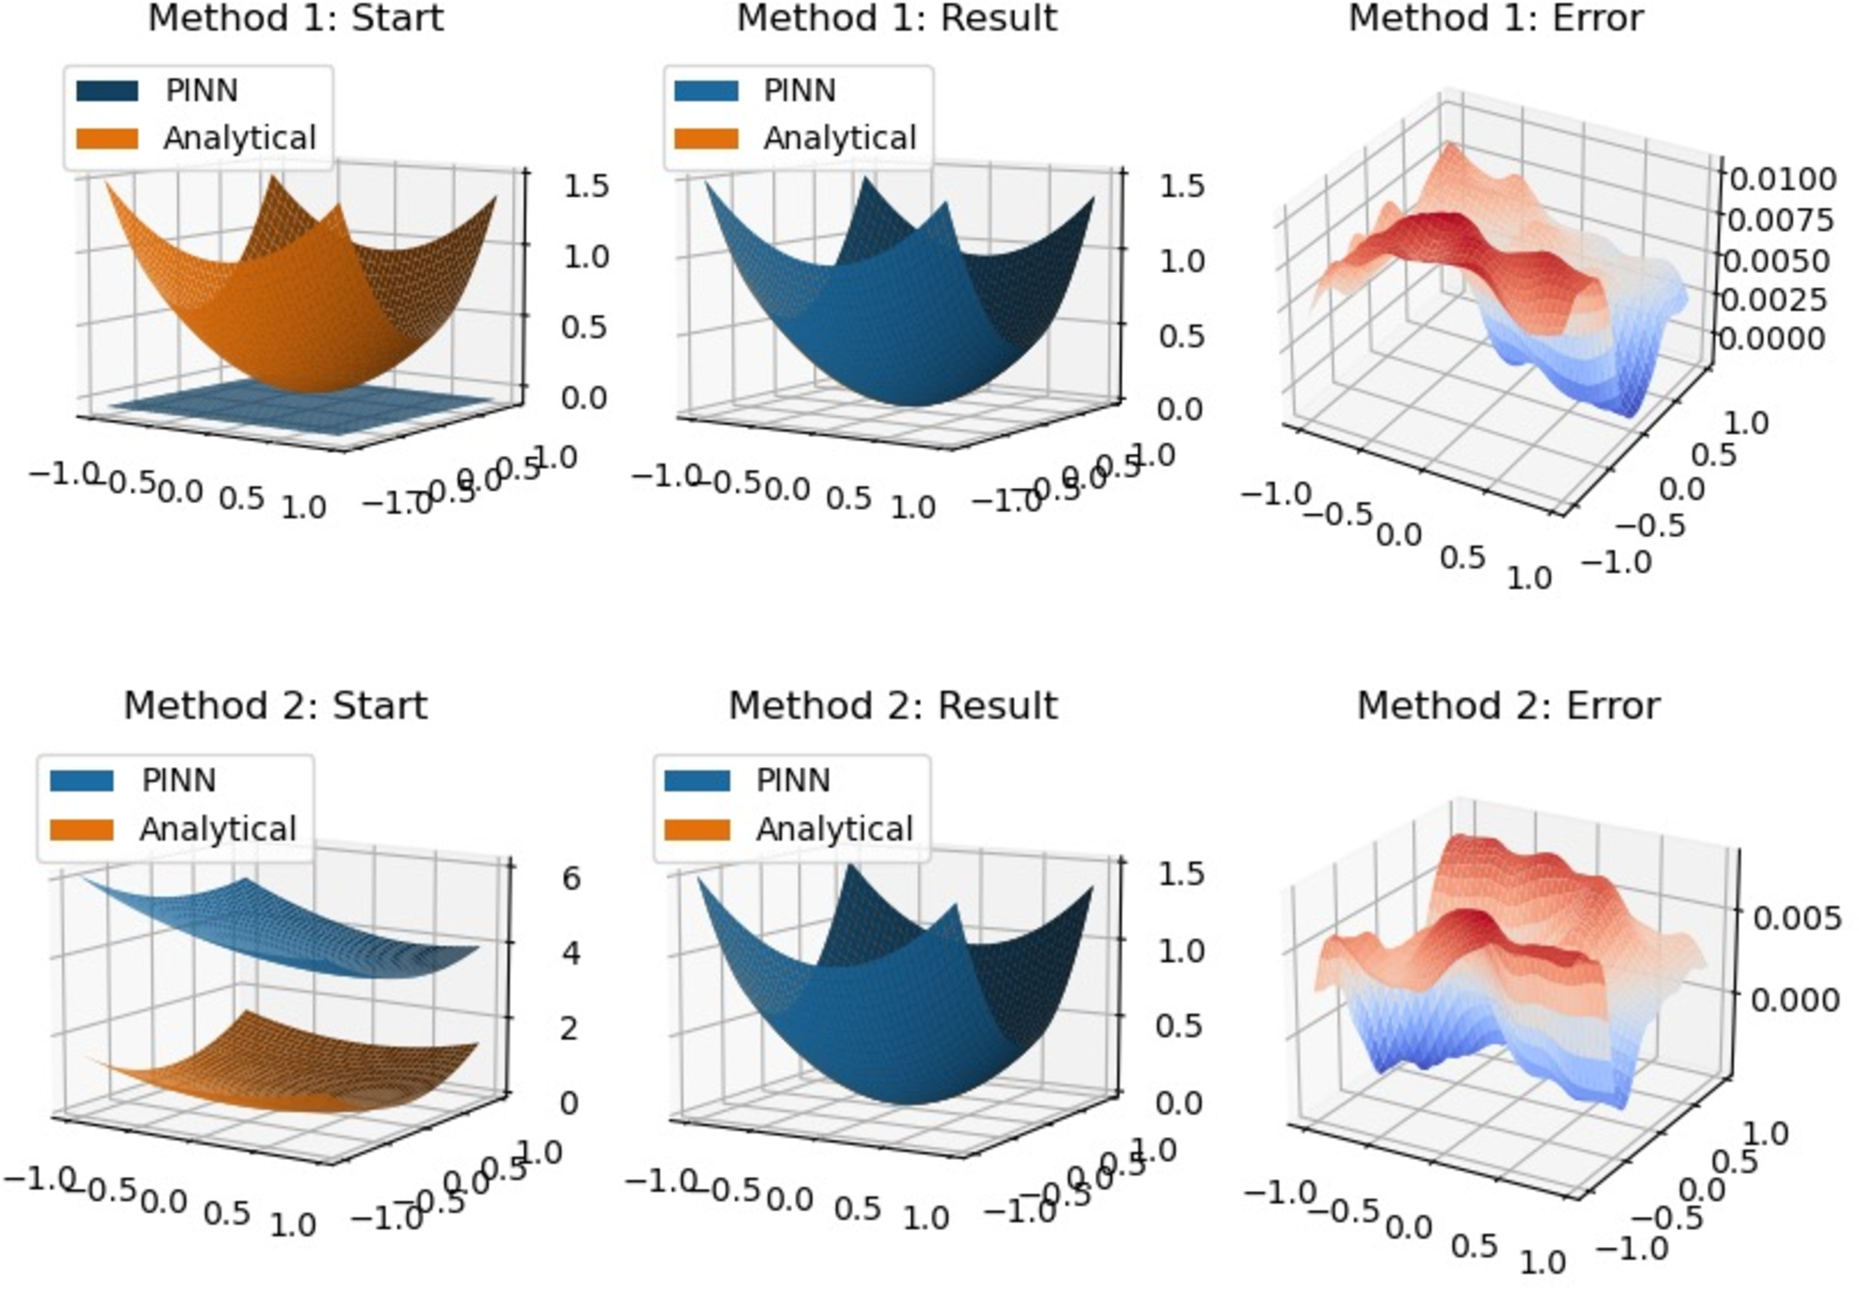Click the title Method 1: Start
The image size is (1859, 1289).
coord(296,18)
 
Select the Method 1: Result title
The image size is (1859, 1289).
coord(896,18)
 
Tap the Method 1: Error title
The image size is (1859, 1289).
coord(1495,18)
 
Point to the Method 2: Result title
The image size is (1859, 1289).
coord(892,706)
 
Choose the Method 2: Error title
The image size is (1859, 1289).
coord(1507,706)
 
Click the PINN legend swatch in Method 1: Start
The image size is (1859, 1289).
coord(107,91)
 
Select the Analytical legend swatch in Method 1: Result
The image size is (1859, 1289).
coord(706,138)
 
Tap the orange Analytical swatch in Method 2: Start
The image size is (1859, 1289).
coord(81,830)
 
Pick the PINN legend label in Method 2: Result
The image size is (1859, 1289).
coord(792,780)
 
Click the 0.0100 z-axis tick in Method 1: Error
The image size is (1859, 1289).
coord(1779,179)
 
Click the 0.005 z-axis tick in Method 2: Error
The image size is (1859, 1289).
coord(1796,918)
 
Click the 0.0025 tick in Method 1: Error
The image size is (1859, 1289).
coord(1772,300)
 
